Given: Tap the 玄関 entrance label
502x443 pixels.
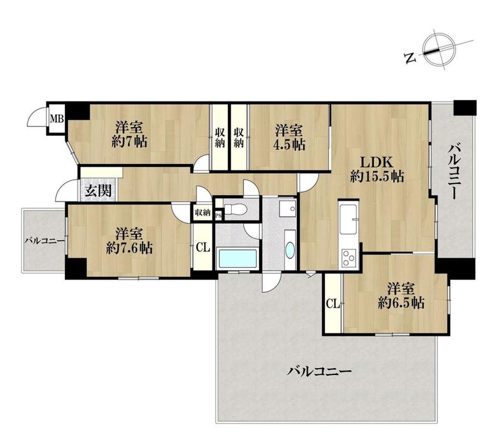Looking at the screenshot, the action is (98, 191).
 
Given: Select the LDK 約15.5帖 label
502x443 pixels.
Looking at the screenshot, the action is (377, 169).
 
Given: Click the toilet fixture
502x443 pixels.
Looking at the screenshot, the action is (235, 209).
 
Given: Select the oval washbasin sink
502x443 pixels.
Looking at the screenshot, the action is (290, 250).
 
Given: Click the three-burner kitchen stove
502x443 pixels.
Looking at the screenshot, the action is (349, 258).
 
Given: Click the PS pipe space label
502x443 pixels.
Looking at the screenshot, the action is (219, 215).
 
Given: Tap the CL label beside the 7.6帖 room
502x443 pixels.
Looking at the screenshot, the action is (203, 247).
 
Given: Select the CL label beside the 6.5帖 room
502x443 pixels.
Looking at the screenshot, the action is (333, 303).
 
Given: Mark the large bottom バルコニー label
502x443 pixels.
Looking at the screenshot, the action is (319, 372).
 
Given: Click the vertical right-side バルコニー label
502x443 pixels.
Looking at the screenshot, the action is (454, 172).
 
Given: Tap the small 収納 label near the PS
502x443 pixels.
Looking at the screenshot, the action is (202, 212).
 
